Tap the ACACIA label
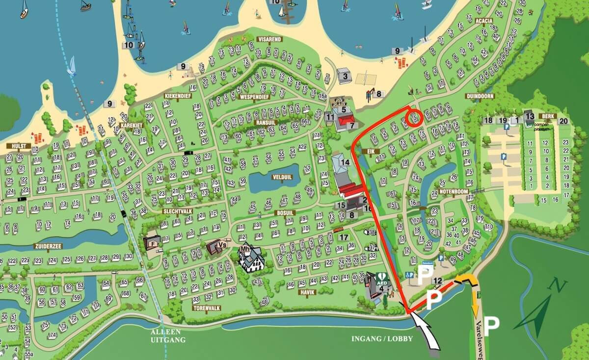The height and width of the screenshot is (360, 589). click(484, 21)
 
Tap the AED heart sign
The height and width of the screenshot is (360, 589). click(381, 277)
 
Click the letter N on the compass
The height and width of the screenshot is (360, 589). click(558, 285)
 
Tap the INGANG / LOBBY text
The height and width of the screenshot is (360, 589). click(383, 338)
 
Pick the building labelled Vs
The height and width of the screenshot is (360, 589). click(215, 247)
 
